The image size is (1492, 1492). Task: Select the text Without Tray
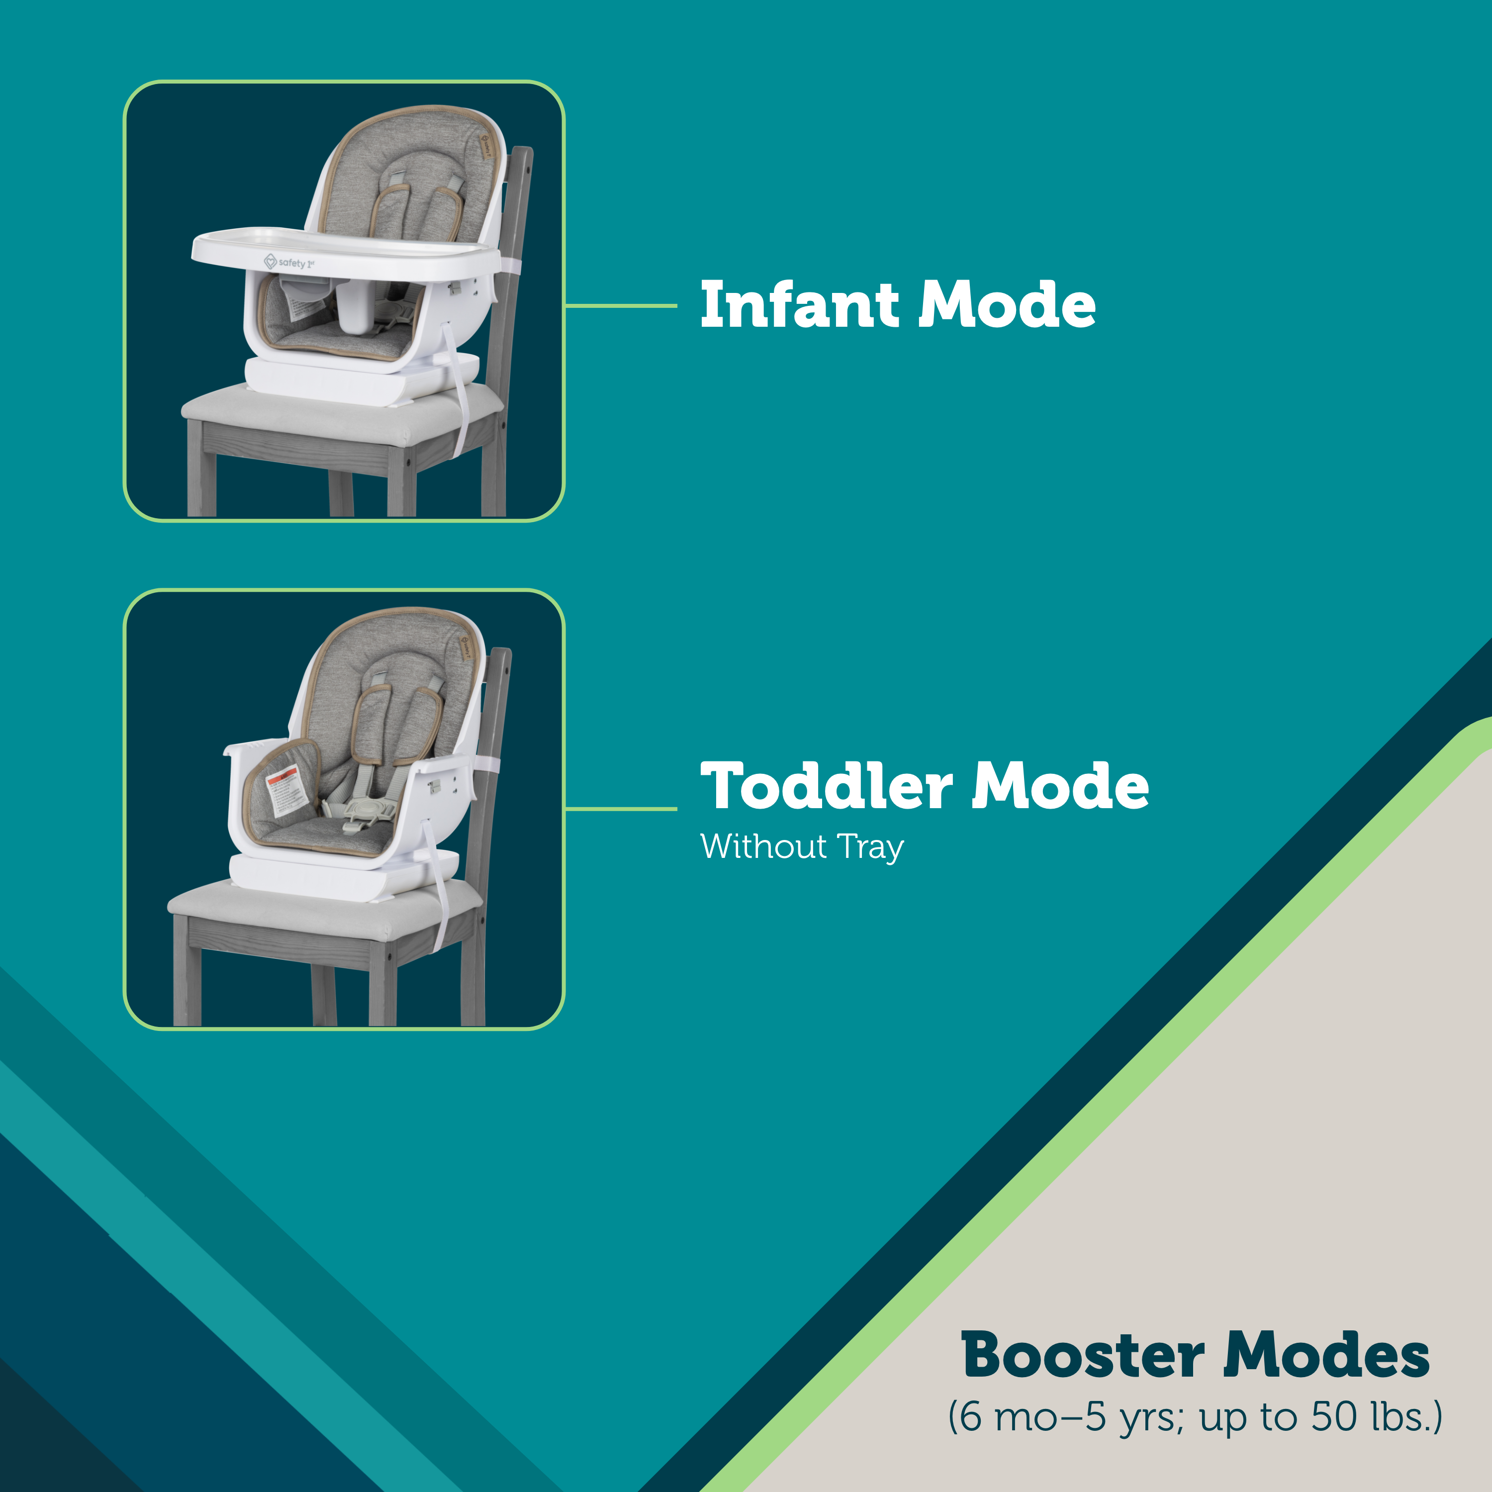[802, 846]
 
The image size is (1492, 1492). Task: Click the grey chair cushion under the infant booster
[340, 413]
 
